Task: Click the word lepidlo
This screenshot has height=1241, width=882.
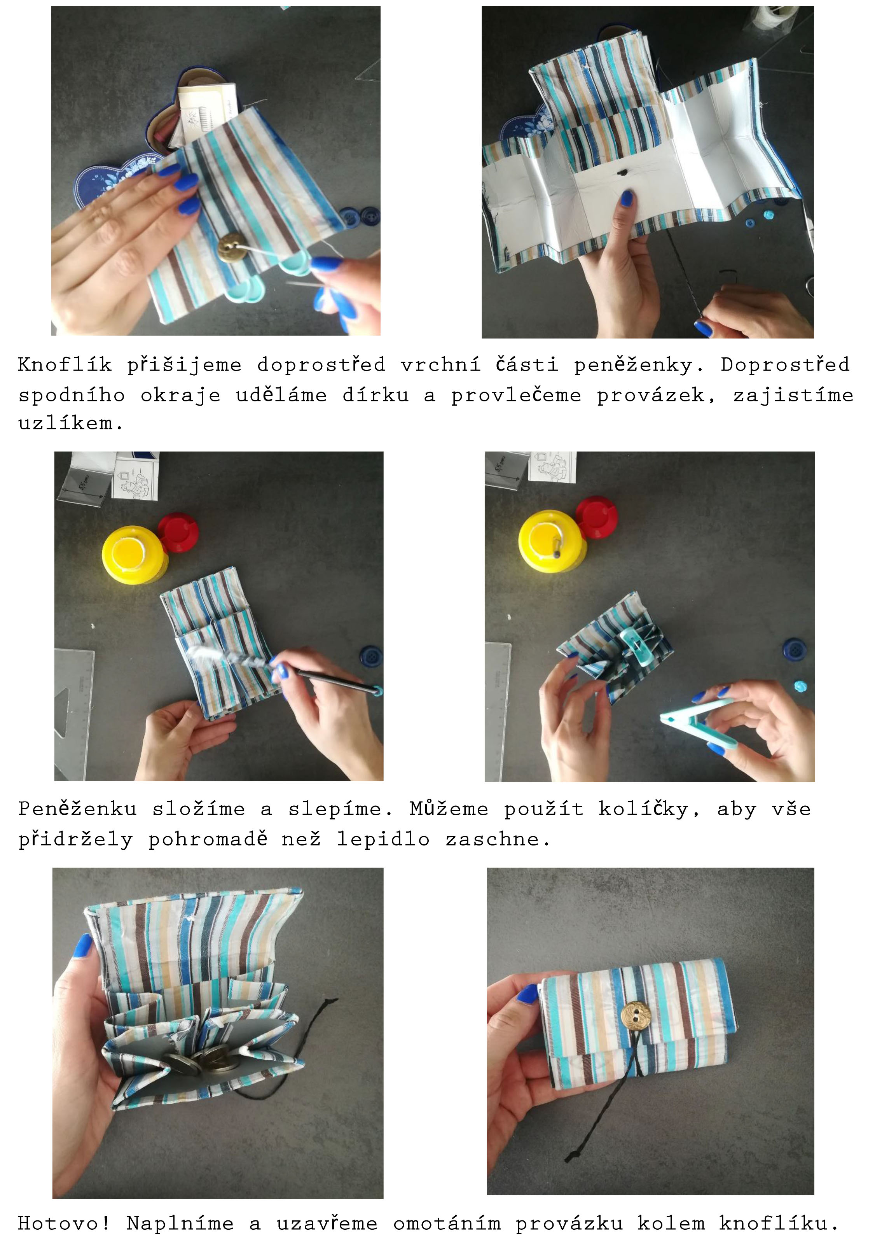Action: [383, 840]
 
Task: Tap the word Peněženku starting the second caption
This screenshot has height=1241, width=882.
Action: [78, 809]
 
